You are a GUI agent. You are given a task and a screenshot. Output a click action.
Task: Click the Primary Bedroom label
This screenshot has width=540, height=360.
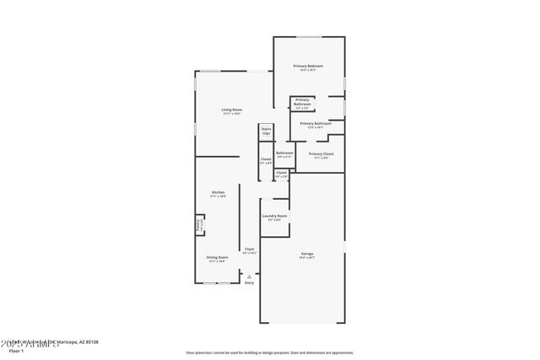pos(308,67)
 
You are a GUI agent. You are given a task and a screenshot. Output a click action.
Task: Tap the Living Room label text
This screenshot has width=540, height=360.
pos(232,110)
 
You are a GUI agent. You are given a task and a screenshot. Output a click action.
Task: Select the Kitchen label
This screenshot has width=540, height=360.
pos(218,194)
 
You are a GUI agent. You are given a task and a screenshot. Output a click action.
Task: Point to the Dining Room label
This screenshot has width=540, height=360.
pos(218,258)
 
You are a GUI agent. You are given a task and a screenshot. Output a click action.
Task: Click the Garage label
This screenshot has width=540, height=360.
pos(307,254)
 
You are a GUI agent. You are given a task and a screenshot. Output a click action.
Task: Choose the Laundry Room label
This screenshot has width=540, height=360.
pos(276,218)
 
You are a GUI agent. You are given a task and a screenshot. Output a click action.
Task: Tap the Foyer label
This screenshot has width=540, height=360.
pos(249,250)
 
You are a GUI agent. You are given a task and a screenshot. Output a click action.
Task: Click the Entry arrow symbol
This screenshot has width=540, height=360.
pos(249,275)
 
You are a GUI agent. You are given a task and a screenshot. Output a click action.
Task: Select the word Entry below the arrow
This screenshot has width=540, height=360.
pos(249,282)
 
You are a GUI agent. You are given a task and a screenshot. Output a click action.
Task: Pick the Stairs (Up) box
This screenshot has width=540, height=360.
pos(266,132)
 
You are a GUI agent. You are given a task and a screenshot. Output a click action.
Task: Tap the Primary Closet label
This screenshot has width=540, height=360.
pos(321,155)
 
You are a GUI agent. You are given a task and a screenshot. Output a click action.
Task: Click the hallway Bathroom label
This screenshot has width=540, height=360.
pos(284,154)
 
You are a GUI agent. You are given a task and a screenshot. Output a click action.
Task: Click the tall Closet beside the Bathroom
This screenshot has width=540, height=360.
pos(265,160)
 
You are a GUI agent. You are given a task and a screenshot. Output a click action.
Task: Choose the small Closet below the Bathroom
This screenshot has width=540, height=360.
pos(281,175)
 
